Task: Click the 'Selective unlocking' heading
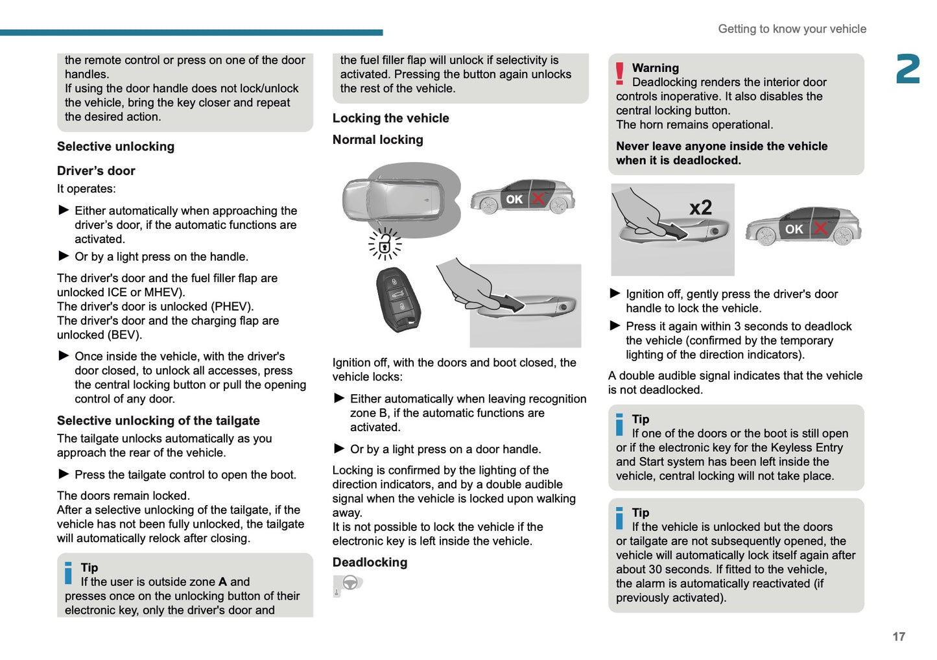(x=115, y=147)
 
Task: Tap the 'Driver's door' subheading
(x=96, y=171)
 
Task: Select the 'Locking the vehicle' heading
(x=390, y=118)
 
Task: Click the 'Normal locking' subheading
(x=377, y=140)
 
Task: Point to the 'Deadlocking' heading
(x=370, y=563)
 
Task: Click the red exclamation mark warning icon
(x=620, y=74)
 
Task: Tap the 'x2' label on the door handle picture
(x=700, y=208)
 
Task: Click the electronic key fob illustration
(x=397, y=299)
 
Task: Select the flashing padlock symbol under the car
(x=385, y=244)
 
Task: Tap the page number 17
(x=898, y=637)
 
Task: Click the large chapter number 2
(x=907, y=69)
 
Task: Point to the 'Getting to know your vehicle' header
(x=792, y=29)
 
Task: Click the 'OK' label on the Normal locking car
(x=514, y=200)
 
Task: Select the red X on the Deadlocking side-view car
(x=820, y=228)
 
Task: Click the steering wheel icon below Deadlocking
(x=350, y=583)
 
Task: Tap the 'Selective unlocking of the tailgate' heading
(x=158, y=421)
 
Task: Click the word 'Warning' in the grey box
(x=655, y=68)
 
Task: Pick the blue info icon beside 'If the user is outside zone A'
(x=69, y=573)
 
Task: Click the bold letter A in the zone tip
(x=222, y=582)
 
